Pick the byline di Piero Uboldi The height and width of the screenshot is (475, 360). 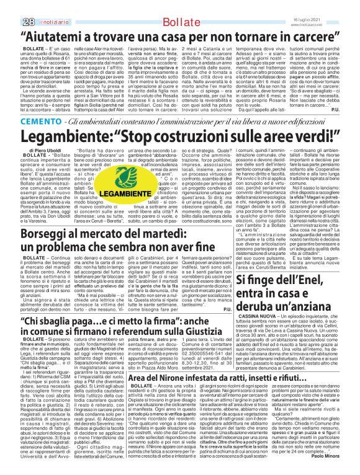(35, 151)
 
